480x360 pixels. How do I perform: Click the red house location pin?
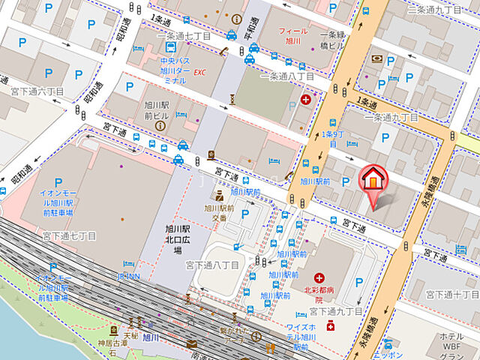[373, 180]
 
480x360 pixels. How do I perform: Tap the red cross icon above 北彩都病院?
[320, 278]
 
